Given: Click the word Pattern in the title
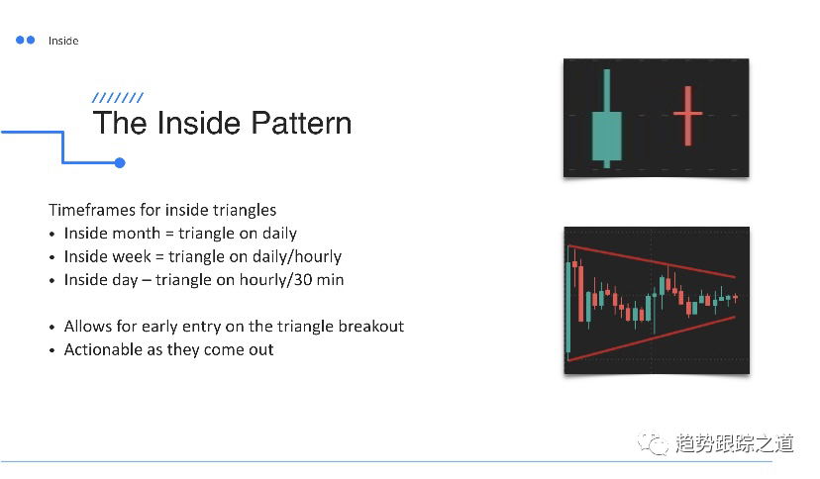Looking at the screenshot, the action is click(301, 124).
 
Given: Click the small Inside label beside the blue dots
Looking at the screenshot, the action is click(63, 41).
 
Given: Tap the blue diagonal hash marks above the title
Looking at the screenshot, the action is click(118, 98).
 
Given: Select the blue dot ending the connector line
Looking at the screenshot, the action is click(120, 163).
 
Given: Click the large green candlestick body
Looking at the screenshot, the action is click(607, 136).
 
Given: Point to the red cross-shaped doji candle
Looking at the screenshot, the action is click(687, 116).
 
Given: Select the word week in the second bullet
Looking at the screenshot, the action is click(132, 256).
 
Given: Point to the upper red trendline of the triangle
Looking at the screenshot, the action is click(652, 260).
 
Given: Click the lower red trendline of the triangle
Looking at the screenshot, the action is click(652, 338).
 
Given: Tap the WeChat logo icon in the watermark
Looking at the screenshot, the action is click(653, 443).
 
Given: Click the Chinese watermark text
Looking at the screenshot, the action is click(734, 443).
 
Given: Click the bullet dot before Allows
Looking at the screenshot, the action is click(51, 328).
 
